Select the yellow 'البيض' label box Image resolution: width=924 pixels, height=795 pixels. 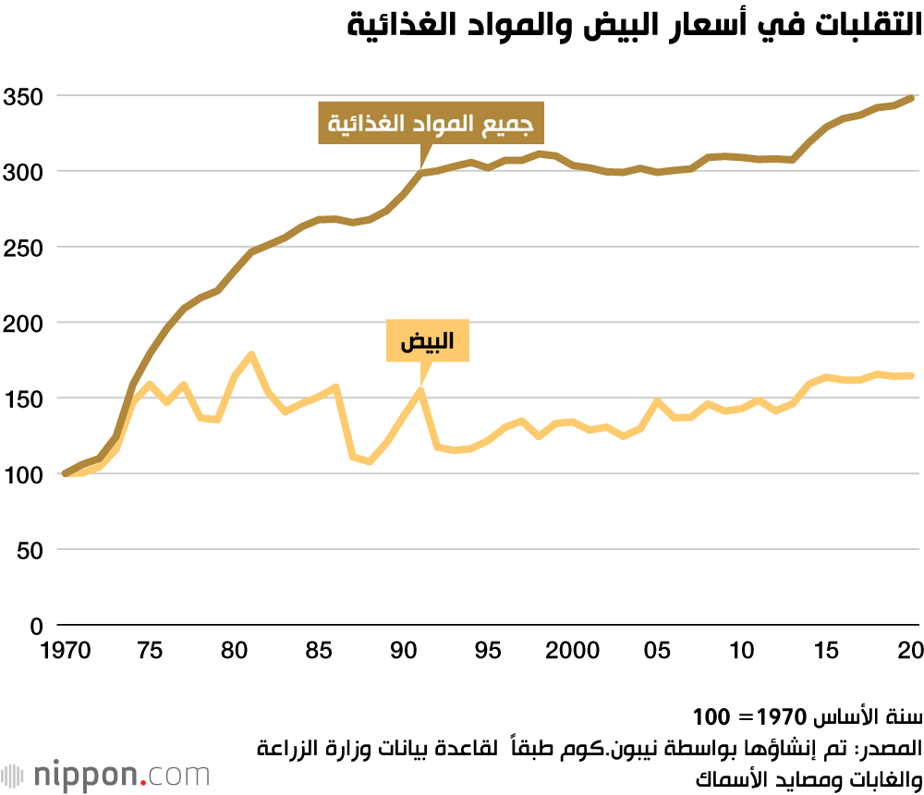pyautogui.click(x=427, y=343)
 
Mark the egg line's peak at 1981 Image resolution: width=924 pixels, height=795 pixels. pyautogui.click(x=251, y=354)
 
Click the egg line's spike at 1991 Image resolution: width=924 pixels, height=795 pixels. pyautogui.click(x=420, y=390)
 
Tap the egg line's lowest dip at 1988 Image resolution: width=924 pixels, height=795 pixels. pyautogui.click(x=370, y=461)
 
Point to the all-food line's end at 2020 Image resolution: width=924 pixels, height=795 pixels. pyautogui.click(x=912, y=98)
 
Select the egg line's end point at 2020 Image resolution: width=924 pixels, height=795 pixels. pyautogui.click(x=912, y=375)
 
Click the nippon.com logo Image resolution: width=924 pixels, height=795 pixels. pyautogui.click(x=105, y=774)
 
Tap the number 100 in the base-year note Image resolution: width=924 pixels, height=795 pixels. pyautogui.click(x=711, y=716)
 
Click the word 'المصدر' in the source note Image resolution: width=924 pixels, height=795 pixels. pyautogui.click(x=893, y=746)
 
